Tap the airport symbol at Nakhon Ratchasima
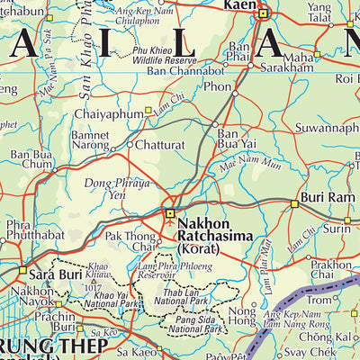coord(169,213)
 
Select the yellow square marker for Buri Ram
coord(293,205)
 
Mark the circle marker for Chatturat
coord(130,144)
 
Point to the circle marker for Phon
coord(234,92)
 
